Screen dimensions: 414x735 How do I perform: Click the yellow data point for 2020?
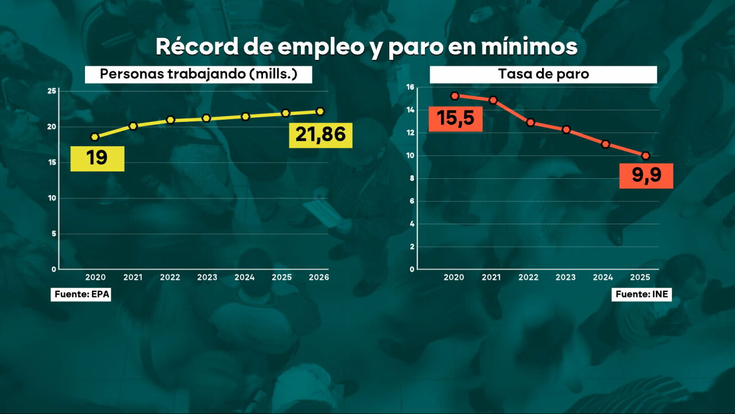point(95,137)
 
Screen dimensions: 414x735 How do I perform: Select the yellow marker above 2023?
point(207,118)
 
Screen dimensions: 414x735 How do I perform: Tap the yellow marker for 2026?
point(320,112)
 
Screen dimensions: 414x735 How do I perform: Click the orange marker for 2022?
point(531,122)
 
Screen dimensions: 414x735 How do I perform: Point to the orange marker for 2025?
point(645,156)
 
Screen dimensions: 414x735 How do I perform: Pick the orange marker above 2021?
point(493,100)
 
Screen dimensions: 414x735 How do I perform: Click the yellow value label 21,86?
point(320,135)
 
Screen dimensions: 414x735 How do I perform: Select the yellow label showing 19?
point(97,158)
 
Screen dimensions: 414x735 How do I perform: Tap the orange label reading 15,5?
point(455,119)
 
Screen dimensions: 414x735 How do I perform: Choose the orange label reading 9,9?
point(645,175)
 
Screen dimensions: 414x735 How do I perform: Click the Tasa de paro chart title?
point(543,75)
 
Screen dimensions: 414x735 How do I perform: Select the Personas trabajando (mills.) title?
point(198,75)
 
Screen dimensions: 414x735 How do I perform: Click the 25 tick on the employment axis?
point(52,91)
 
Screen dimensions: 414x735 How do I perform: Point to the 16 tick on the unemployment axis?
point(411,87)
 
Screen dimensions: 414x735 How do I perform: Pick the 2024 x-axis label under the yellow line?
point(245,278)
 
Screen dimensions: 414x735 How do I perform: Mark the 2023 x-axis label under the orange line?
point(566,278)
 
